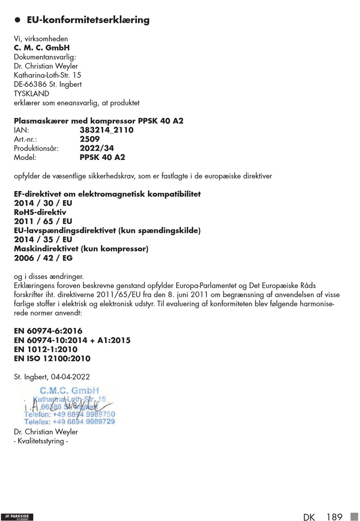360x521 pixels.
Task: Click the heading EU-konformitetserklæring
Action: (88, 20)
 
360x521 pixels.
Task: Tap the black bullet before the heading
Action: (17, 20)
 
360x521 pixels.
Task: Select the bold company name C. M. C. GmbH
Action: (42, 48)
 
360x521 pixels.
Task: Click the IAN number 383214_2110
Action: (106, 130)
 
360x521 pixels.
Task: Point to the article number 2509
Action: (90, 139)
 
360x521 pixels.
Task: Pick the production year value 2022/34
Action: (97, 148)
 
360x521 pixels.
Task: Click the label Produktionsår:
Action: (36, 148)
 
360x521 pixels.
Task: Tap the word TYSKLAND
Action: (31, 94)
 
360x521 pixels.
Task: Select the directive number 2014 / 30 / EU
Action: (43, 203)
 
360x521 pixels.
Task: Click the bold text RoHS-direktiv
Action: (40, 212)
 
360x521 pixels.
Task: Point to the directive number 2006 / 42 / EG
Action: (43, 258)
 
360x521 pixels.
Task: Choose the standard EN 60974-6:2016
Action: (48, 331)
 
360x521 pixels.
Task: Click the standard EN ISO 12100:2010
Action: (52, 358)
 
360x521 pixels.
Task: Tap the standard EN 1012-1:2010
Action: (45, 349)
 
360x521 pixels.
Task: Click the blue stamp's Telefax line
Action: (69, 422)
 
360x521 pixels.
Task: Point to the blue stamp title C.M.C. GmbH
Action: (69, 391)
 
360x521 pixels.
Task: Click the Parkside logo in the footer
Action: (17, 517)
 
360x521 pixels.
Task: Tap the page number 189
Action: (334, 517)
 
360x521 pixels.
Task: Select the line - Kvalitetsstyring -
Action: (41, 441)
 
